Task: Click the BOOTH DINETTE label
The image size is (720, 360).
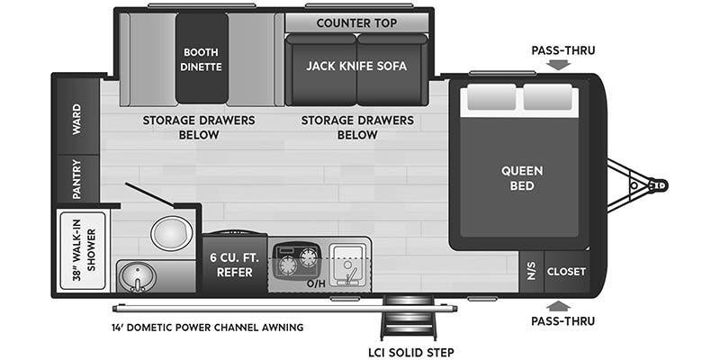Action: coord(202,58)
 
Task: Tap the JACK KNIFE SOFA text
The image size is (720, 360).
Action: coord(356,66)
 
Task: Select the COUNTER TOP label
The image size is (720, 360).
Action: coord(356,22)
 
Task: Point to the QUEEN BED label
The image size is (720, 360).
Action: coord(522,178)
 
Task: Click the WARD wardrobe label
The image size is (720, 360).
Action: coord(76,119)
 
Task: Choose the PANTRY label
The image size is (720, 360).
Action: coord(76,178)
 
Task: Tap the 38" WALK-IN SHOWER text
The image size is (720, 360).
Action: coord(82,250)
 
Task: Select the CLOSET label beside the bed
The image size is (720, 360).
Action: coord(567,271)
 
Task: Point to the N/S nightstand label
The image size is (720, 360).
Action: coord(532,271)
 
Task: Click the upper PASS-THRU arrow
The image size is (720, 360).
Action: coord(558,65)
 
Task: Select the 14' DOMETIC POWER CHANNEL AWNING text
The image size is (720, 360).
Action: coord(206,327)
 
